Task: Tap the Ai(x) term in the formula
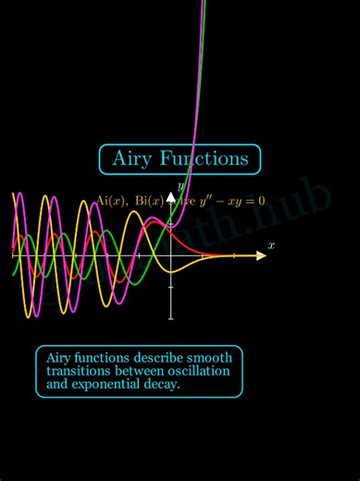tap(112, 201)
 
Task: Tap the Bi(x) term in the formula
tap(148, 201)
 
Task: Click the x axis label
tap(271, 245)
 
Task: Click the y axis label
tap(181, 188)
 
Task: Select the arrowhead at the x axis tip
tap(261, 254)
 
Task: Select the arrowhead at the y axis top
tap(170, 197)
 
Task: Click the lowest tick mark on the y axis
tap(170, 317)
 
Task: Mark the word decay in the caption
tap(161, 384)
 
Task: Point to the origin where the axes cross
tap(170, 254)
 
